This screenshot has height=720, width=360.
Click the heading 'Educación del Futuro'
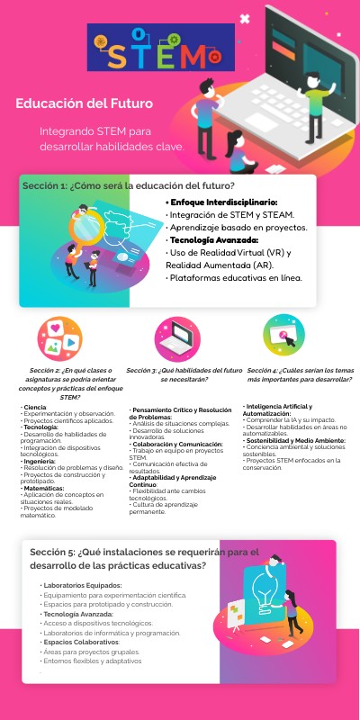84,103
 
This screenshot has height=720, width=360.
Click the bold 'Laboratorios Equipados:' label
85,585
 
